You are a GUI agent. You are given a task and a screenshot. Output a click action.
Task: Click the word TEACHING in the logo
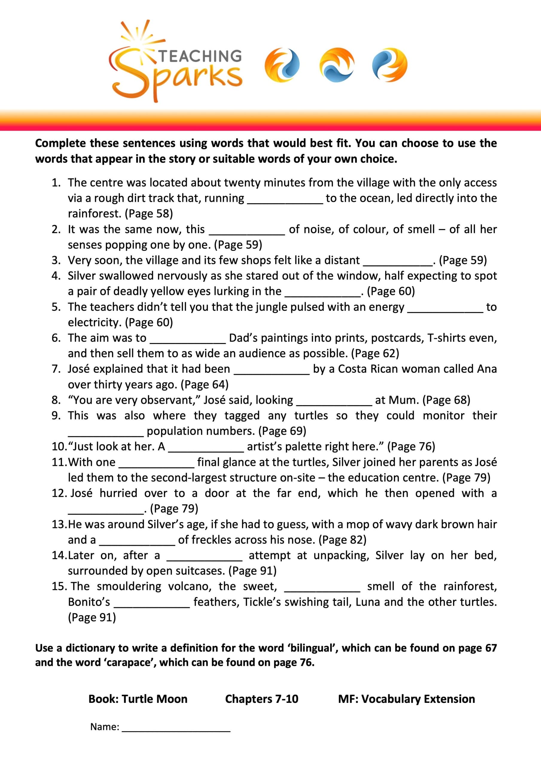pyautogui.click(x=200, y=56)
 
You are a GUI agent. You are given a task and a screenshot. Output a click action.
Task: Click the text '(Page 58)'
pyautogui.click(x=149, y=214)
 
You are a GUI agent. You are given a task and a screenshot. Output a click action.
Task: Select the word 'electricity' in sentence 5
pyautogui.click(x=95, y=322)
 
